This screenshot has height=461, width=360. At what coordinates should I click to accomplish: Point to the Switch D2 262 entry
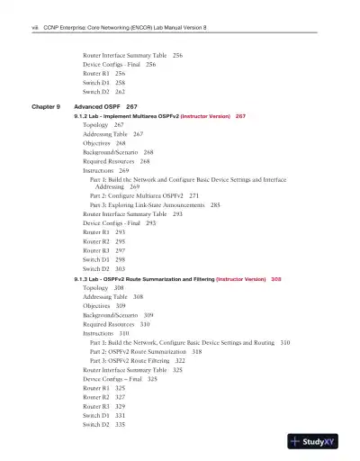(103, 92)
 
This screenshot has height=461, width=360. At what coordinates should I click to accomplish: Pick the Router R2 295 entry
(103, 241)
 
